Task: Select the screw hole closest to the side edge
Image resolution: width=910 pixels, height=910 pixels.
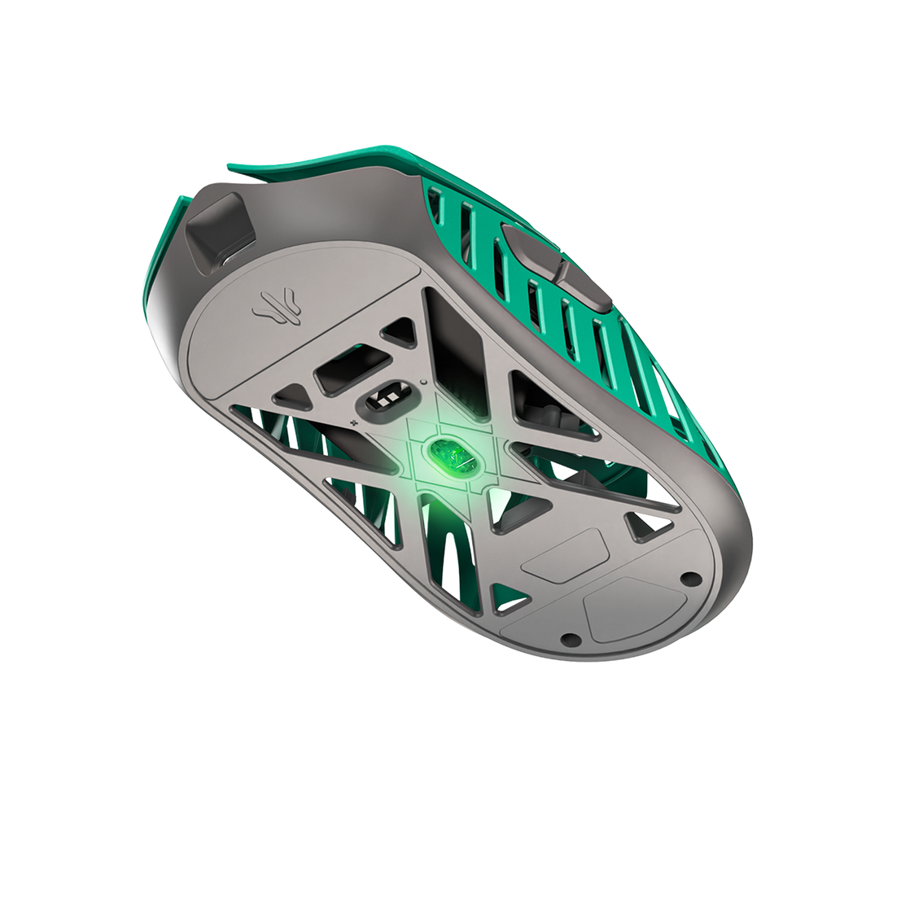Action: pos(690,579)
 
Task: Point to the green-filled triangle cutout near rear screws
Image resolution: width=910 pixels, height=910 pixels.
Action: pos(511,602)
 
